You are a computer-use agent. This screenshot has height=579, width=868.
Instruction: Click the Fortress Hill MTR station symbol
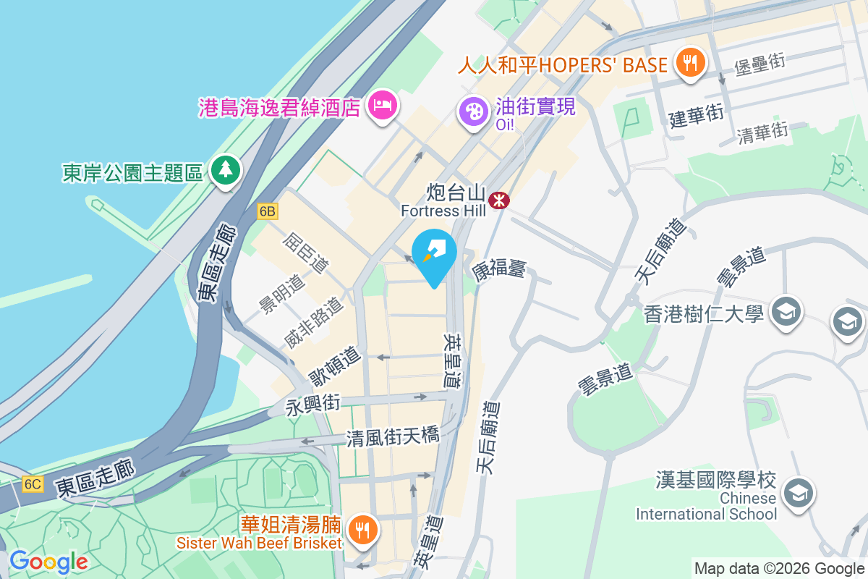(x=498, y=199)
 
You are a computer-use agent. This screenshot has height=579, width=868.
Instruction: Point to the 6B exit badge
(x=267, y=211)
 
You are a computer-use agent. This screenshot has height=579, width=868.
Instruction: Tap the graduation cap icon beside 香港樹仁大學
(x=784, y=312)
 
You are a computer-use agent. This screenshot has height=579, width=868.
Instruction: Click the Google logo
(x=48, y=561)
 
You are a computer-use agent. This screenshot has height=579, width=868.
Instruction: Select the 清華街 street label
(x=762, y=132)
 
